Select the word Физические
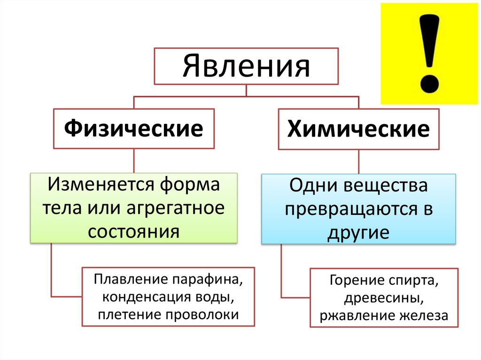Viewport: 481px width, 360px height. coord(134,128)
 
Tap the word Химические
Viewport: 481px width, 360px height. coord(358,129)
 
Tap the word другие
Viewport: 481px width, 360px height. coord(358,232)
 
